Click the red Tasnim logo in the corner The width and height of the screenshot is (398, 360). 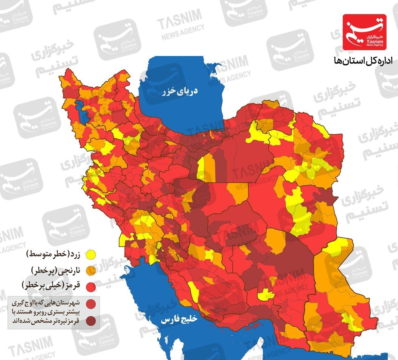point(364,32)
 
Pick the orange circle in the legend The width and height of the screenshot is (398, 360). point(90,271)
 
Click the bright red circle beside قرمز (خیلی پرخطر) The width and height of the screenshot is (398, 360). point(90,287)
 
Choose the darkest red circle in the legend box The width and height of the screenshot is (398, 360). point(90,321)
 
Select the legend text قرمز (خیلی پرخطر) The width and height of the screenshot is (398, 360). point(53,286)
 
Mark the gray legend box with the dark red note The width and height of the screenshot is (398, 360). point(53,312)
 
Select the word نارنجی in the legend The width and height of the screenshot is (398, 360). point(69,270)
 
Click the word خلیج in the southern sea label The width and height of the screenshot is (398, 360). point(189,319)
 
